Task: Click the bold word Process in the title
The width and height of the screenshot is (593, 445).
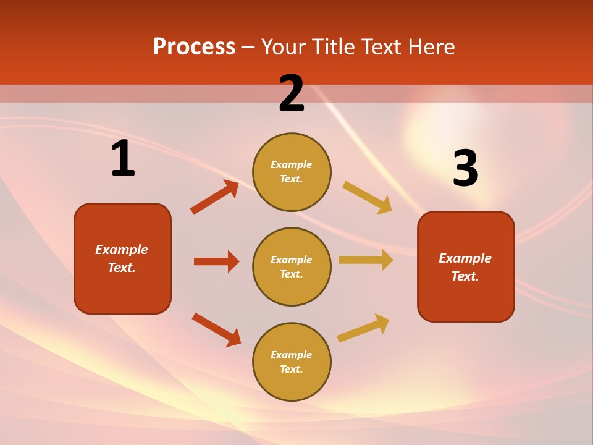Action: [194, 47]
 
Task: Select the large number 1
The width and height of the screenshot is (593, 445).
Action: [122, 159]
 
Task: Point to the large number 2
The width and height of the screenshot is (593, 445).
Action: [292, 93]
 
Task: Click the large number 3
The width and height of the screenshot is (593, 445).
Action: [465, 169]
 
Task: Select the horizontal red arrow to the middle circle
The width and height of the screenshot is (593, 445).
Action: [216, 261]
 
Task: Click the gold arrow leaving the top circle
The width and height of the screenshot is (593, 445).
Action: [367, 197]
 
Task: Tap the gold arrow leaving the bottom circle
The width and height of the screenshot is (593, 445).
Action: [363, 328]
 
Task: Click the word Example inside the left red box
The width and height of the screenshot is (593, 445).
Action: [122, 250]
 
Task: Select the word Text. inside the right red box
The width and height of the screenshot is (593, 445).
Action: [465, 276]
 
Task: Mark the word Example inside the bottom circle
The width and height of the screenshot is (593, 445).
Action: [291, 355]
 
